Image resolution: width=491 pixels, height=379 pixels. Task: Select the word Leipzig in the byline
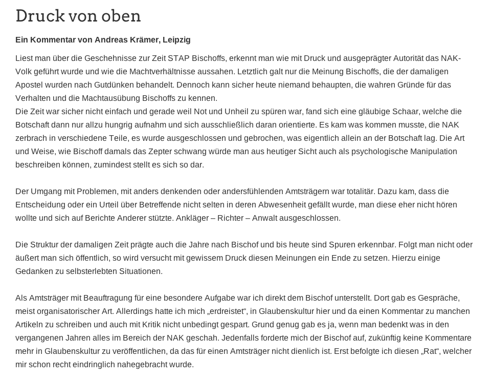[x=176, y=40]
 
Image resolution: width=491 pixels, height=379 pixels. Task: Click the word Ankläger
[x=193, y=218]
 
